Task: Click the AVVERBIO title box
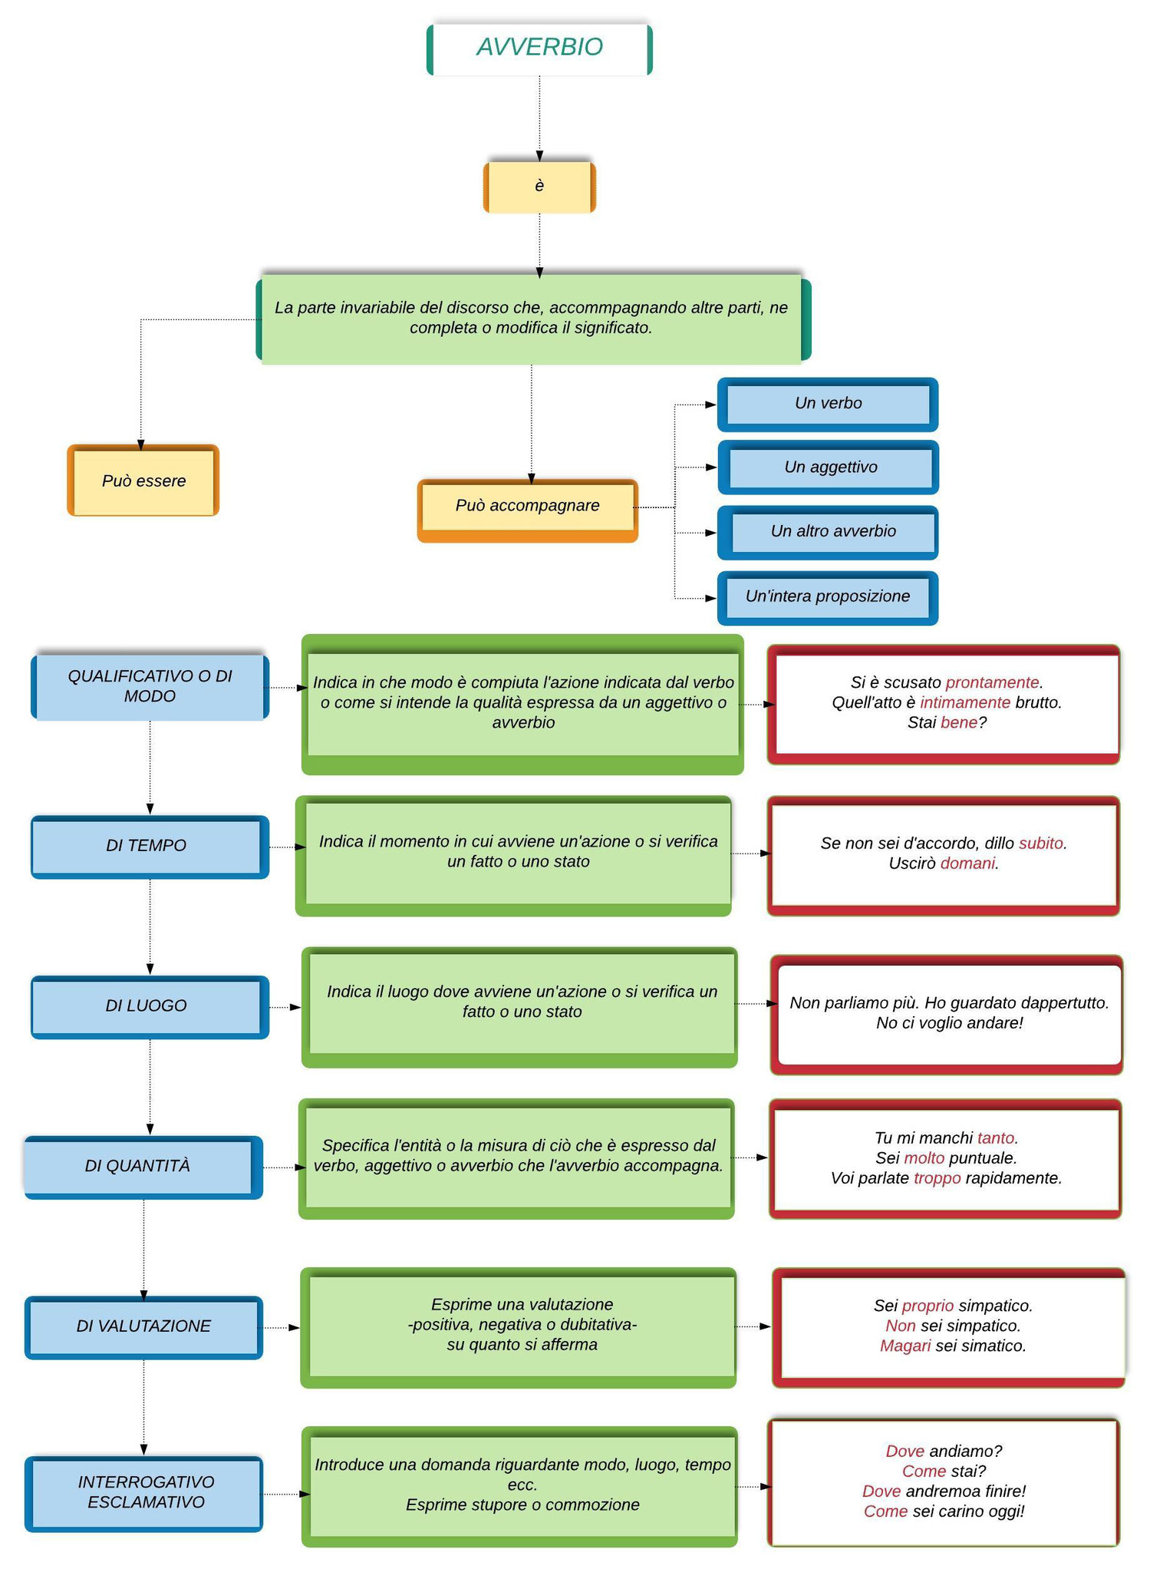tap(539, 49)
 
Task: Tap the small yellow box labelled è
tap(539, 187)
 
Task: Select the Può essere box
tap(143, 481)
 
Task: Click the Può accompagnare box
tap(528, 510)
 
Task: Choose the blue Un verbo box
tap(828, 405)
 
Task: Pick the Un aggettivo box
tap(829, 467)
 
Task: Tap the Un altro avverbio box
tap(828, 533)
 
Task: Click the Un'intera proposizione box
tap(828, 598)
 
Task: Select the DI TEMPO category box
tap(150, 847)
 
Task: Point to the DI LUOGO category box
tap(150, 1007)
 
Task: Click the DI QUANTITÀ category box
tap(143, 1167)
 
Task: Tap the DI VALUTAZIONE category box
tap(143, 1327)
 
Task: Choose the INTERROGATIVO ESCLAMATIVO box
tap(143, 1494)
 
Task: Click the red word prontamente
tap(992, 682)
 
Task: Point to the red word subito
tap(1041, 843)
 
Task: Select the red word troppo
tap(937, 1177)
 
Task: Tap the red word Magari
tap(905, 1346)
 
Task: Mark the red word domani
tap(967, 863)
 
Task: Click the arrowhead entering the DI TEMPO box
tap(150, 809)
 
